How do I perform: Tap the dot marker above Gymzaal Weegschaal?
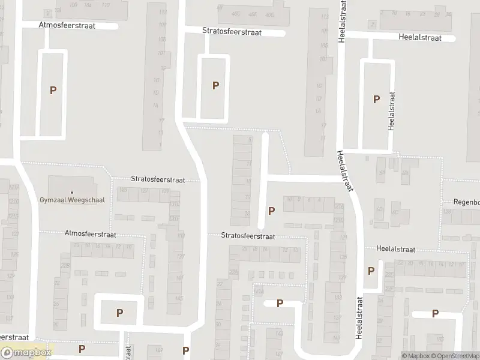tap(71, 192)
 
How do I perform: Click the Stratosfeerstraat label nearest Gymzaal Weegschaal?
tap(158, 179)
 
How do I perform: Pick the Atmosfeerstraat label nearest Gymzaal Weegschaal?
tap(90, 235)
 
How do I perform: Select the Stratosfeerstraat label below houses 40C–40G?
tap(232, 32)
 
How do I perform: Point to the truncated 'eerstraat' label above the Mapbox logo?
tap(14, 337)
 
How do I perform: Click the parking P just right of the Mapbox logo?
tap(82, 349)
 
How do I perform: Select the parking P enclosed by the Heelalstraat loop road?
tap(376, 99)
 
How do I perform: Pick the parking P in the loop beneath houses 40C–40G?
tap(215, 85)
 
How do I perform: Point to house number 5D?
tap(379, 209)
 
